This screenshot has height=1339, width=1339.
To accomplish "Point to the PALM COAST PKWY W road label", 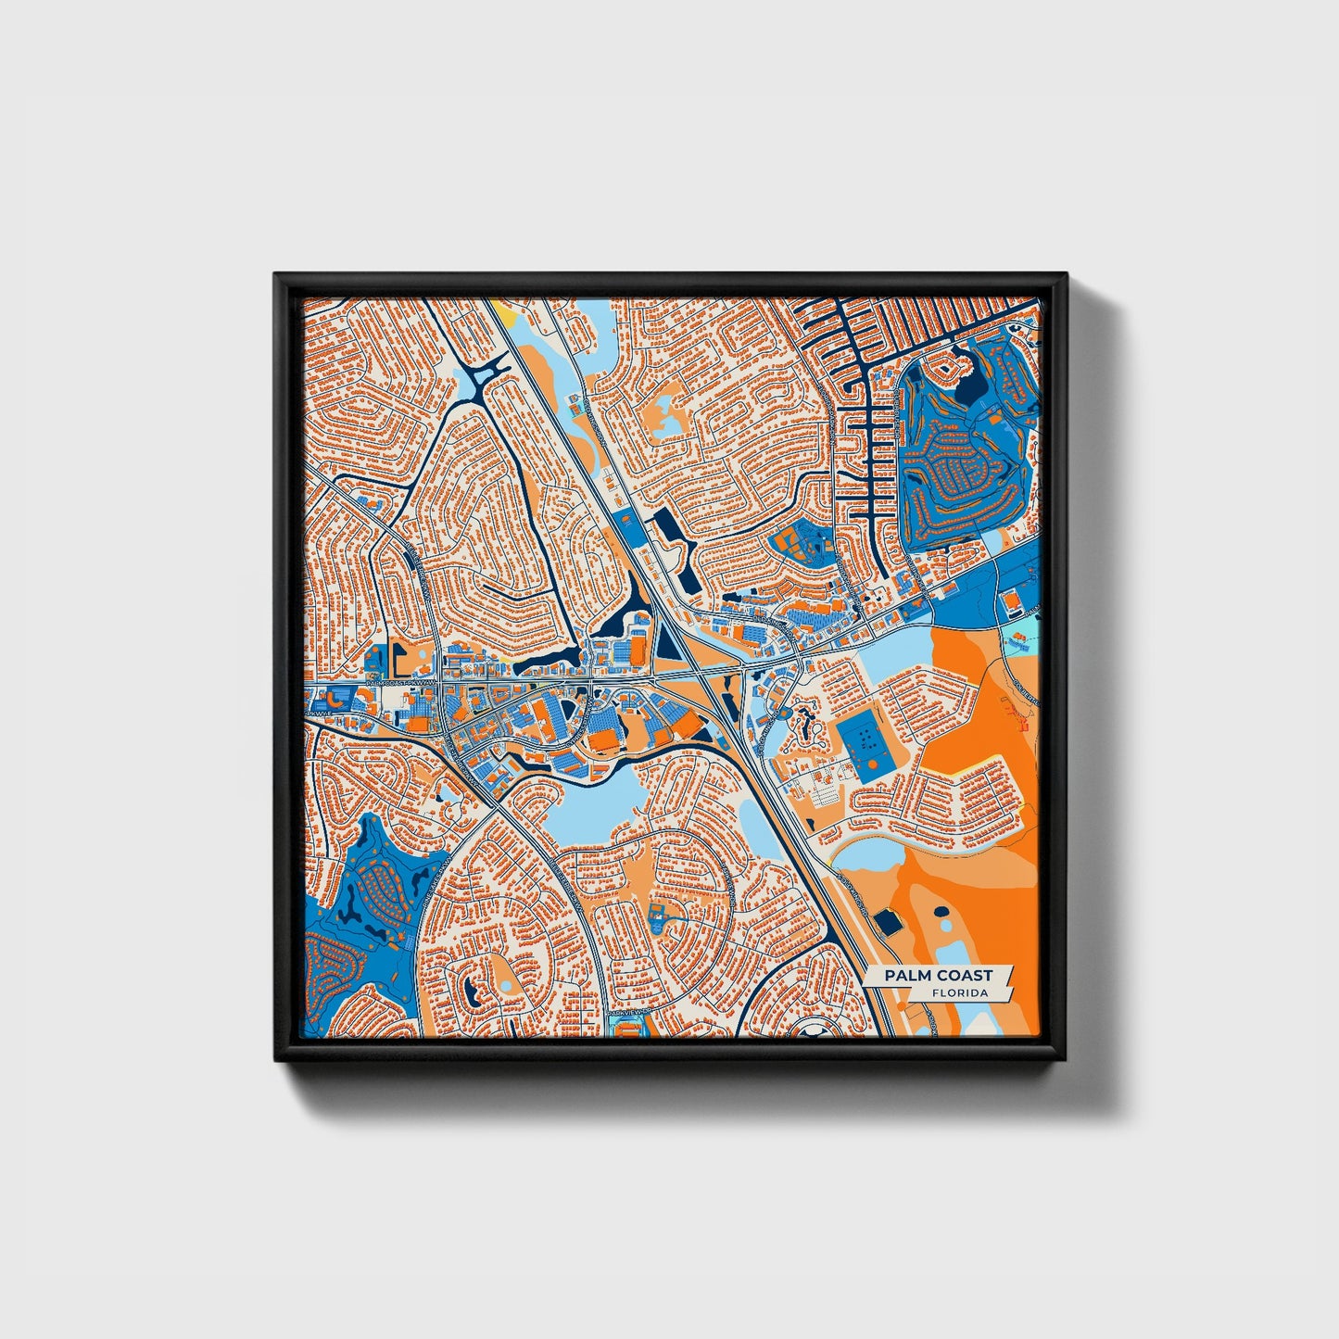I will coord(400,683).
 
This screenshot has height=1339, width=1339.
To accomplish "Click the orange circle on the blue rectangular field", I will coord(872,765).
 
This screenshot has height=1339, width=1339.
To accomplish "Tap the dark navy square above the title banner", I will coord(889,921).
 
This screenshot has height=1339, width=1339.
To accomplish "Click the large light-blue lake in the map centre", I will coord(593,803).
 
